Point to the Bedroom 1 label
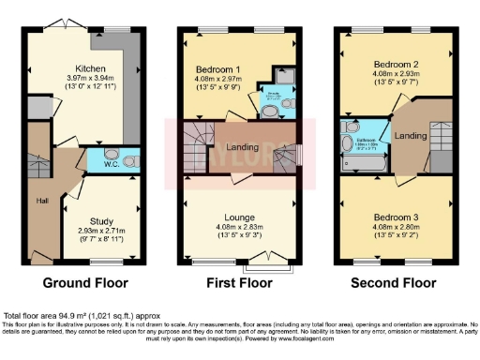click(x=218, y=70)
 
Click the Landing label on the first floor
click(x=242, y=146)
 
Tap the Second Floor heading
click(x=395, y=281)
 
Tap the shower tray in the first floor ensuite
click(x=283, y=78)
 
